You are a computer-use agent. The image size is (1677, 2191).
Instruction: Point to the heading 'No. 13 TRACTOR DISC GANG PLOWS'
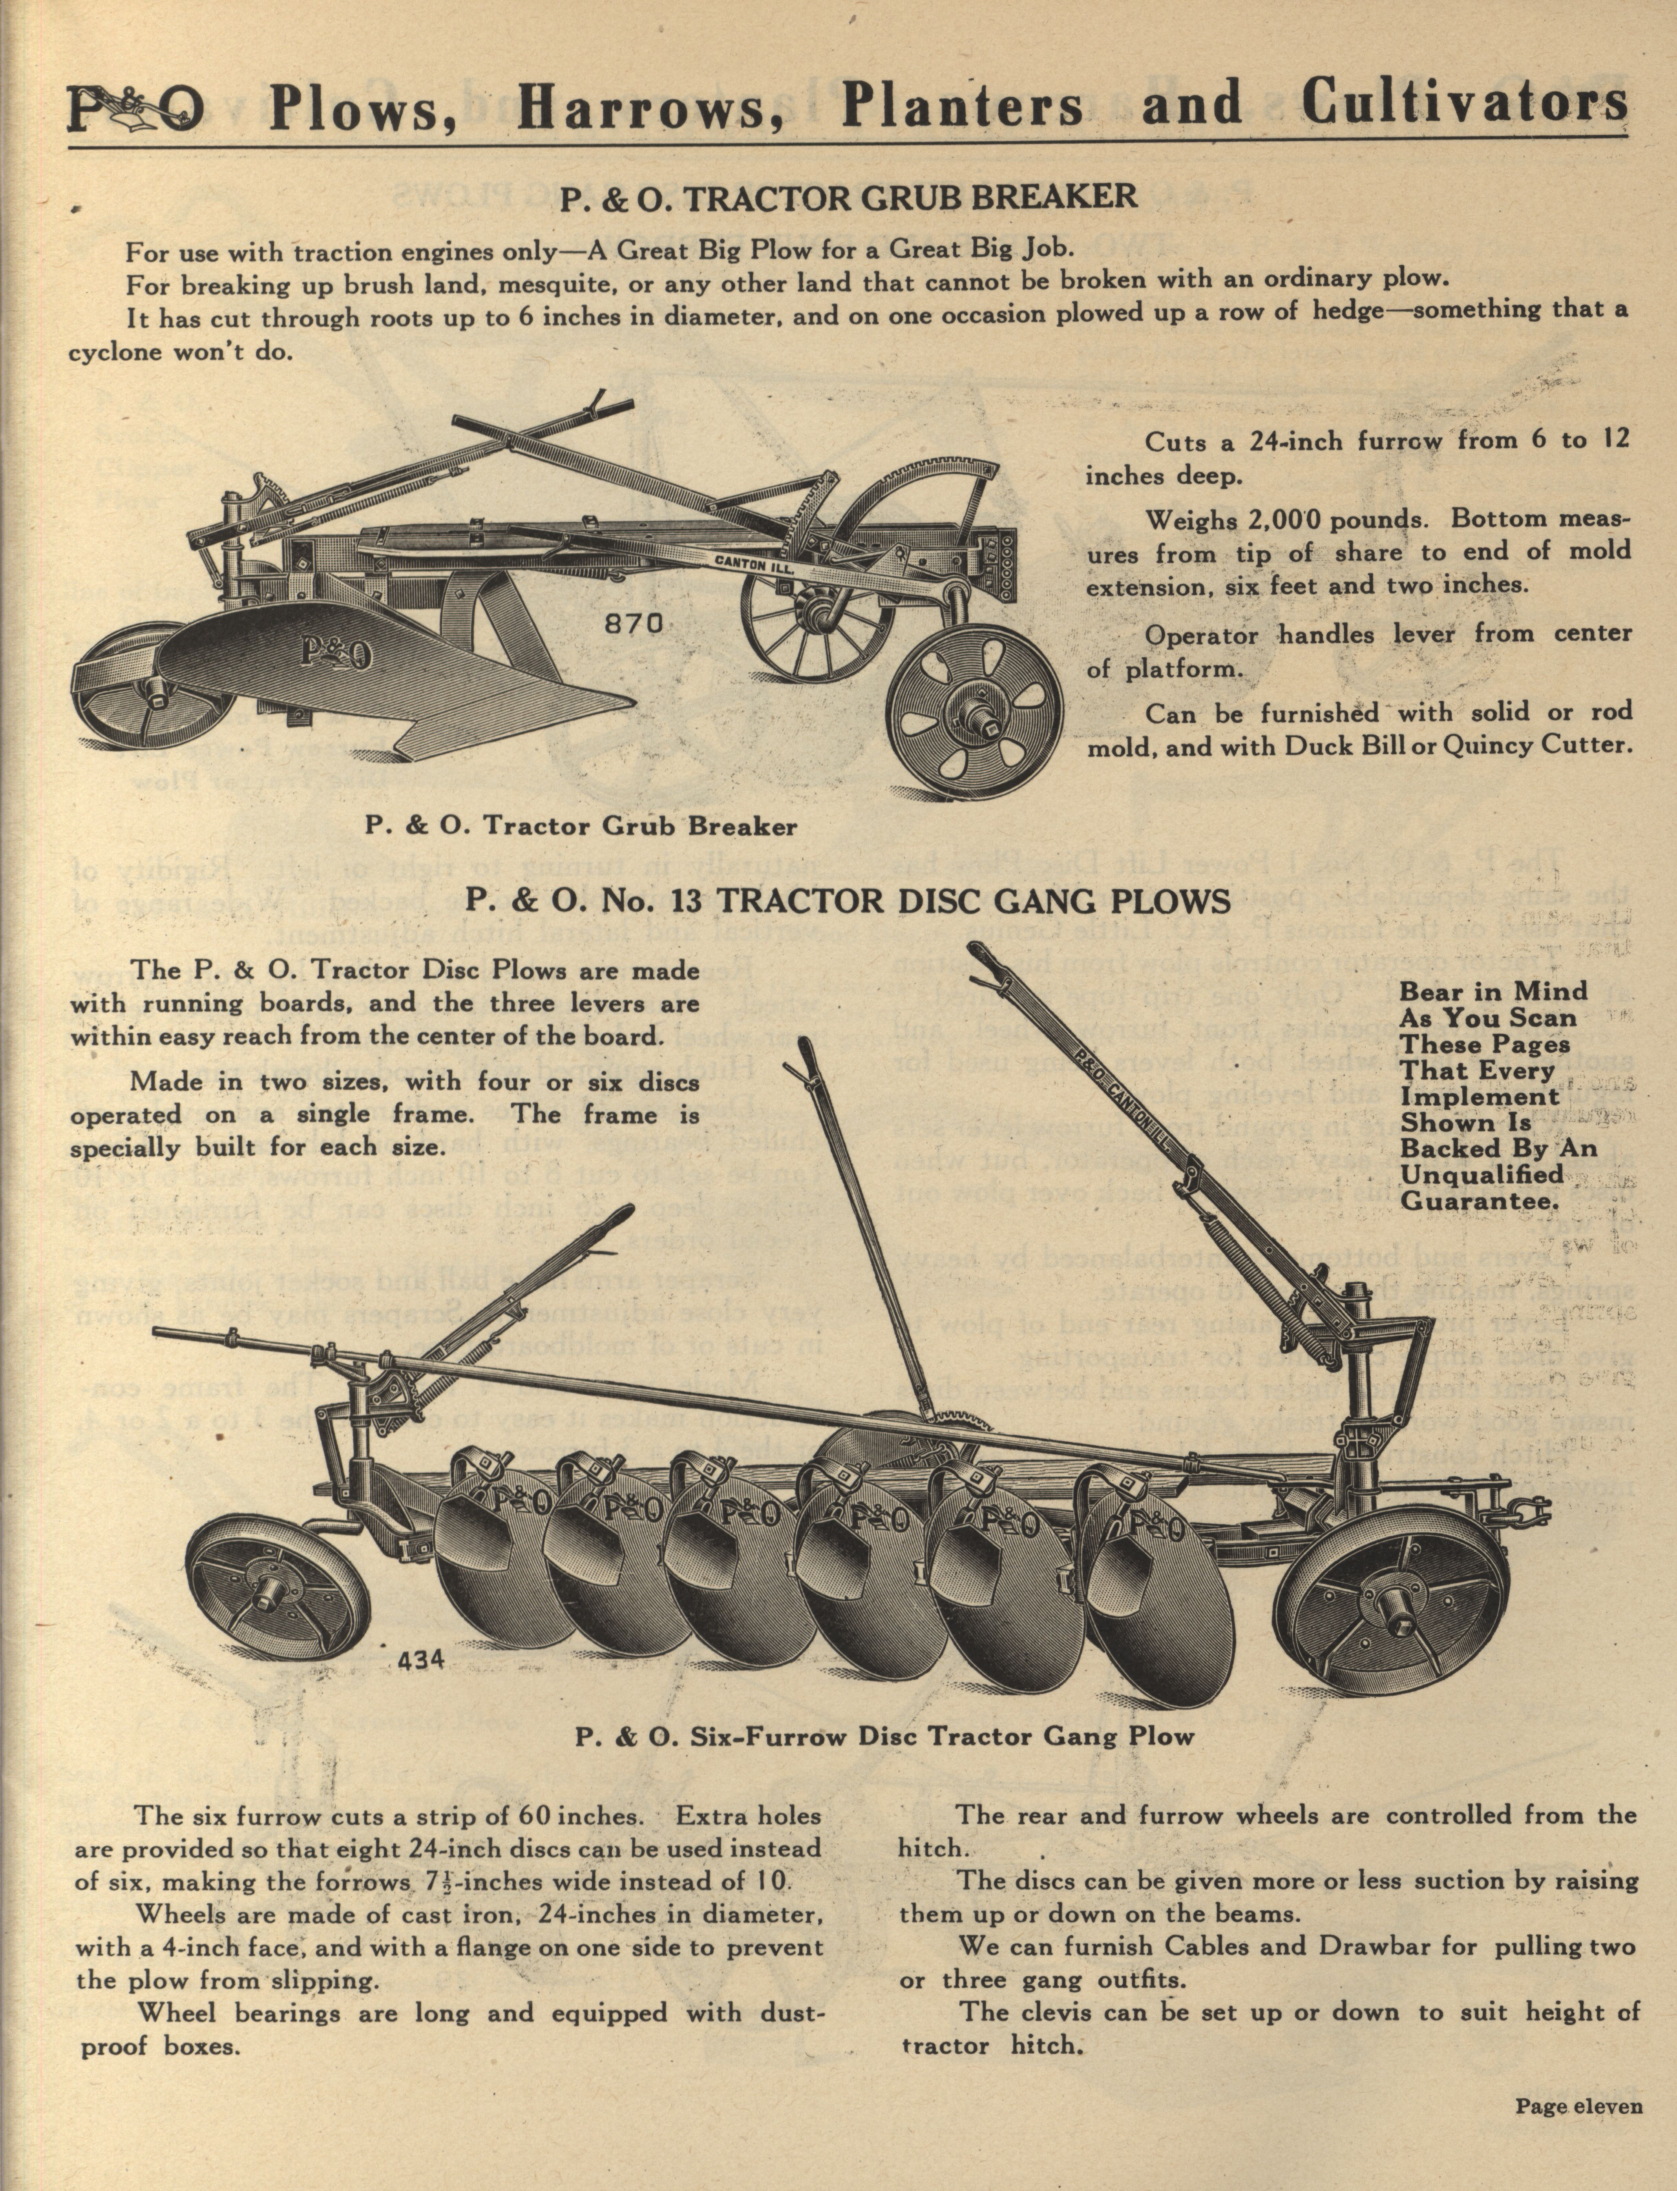click(848, 901)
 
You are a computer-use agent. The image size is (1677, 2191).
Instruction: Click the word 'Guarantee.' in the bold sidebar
click(1480, 1201)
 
